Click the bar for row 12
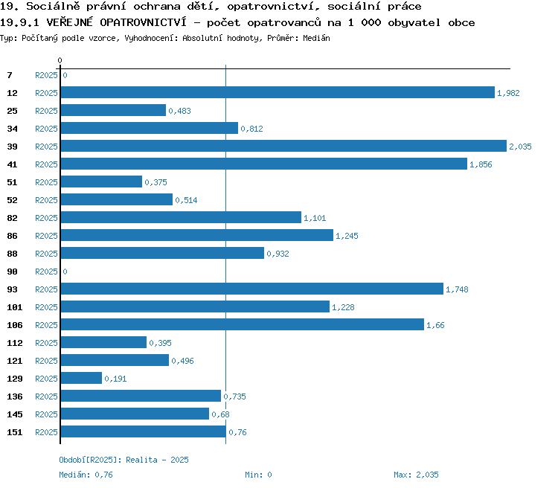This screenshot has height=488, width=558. click(x=278, y=92)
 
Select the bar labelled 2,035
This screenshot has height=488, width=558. click(x=283, y=146)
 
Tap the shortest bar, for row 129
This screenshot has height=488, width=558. click(x=81, y=378)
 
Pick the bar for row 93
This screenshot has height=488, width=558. click(x=252, y=289)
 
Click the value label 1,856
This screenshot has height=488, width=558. click(x=481, y=164)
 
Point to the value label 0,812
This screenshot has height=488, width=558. click(x=251, y=129)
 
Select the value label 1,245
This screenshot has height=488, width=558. click(x=347, y=236)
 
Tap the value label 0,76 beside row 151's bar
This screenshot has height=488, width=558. click(x=238, y=432)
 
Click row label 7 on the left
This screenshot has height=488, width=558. click(x=10, y=75)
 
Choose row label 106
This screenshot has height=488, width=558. click(x=15, y=325)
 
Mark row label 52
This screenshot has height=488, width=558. click(x=12, y=200)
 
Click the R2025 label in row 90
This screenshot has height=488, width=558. click(x=46, y=272)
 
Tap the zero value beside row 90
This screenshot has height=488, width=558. click(x=65, y=272)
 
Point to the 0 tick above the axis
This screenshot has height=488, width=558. click(x=60, y=60)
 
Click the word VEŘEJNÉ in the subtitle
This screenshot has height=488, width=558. click(x=69, y=22)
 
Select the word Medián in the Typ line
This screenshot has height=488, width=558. click(x=316, y=38)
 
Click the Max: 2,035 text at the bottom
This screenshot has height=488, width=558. click(x=416, y=475)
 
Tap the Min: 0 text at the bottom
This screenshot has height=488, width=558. click(x=258, y=475)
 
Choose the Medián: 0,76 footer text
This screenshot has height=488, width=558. click(x=86, y=475)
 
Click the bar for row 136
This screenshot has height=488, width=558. click(x=141, y=396)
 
